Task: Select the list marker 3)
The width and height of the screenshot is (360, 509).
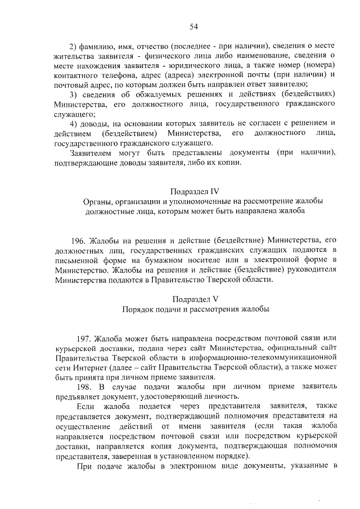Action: [x=73, y=94]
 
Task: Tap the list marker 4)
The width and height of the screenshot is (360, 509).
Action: [x=73, y=124]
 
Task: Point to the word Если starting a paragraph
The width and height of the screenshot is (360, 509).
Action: [x=85, y=407]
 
